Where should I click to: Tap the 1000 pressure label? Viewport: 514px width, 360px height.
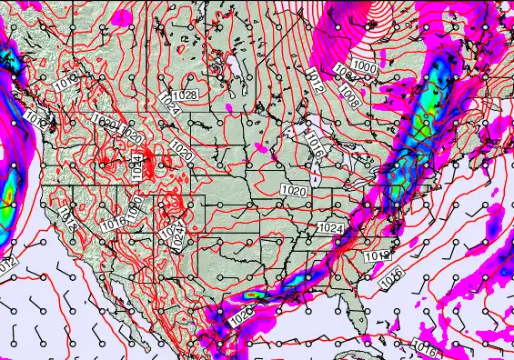tap(365, 66)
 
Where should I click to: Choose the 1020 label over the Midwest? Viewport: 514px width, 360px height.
tap(294, 192)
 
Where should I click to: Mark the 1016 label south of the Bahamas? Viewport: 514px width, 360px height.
tap(424, 345)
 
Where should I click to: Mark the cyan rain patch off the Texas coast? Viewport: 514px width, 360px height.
tap(257, 295)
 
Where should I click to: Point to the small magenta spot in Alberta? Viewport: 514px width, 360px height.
tap(229, 107)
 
